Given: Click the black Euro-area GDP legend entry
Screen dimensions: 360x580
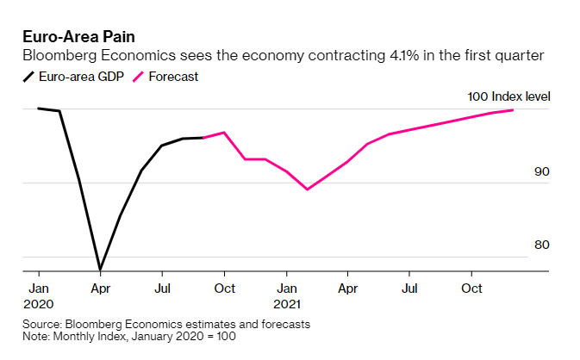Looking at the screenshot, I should point(75,77).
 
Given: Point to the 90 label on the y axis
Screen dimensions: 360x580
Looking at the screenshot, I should point(541,171).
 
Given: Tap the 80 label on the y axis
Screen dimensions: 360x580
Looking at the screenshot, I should point(541,245).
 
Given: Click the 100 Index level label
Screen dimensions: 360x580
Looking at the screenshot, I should point(508,96).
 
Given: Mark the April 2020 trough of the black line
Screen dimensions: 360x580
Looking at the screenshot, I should point(100,270).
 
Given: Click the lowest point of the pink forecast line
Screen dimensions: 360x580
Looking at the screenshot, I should point(308,189).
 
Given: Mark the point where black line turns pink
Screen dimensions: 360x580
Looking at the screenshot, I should point(203,138).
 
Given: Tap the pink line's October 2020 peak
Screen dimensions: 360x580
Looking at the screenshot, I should point(224,132).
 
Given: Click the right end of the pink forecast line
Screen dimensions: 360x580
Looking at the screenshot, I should point(514,109).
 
